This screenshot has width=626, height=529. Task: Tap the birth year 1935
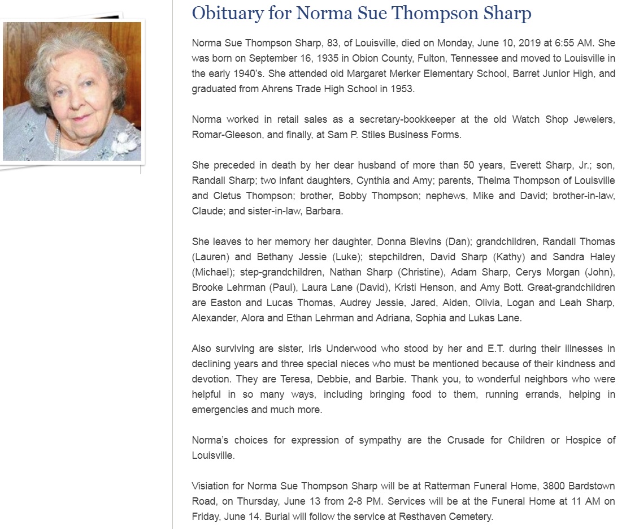click(x=319, y=58)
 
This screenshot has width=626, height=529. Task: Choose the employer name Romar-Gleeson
click(x=223, y=135)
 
